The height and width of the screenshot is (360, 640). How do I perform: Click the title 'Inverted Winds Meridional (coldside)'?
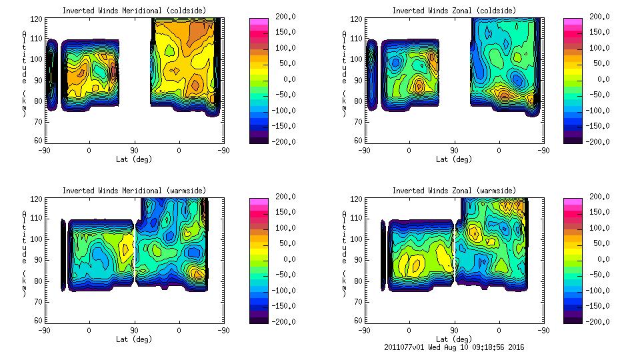[x=134, y=11]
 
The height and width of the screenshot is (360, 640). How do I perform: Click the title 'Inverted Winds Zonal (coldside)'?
[x=453, y=11]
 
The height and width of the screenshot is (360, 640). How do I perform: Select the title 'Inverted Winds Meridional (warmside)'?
[x=134, y=191]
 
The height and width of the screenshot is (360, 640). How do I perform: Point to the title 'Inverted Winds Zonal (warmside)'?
[x=453, y=191]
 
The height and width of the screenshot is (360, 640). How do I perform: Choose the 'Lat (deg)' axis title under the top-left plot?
[x=134, y=159]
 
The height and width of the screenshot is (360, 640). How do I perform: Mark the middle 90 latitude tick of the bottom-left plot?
[x=134, y=330]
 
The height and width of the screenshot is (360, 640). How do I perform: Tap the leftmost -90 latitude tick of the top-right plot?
[x=364, y=150]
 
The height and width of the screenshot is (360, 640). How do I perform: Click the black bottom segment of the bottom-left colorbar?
[x=259, y=319]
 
